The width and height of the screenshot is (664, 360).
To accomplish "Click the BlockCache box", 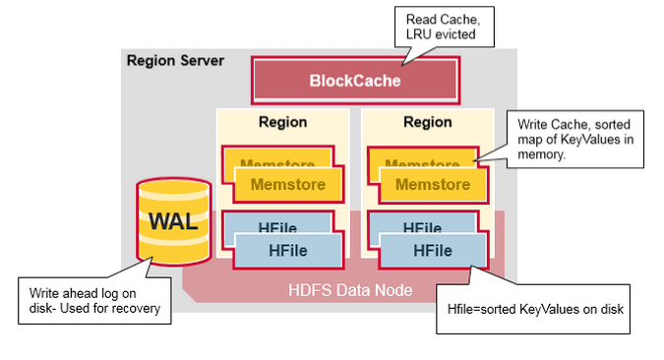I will point(356,80).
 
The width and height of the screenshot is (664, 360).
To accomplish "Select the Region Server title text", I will point(175,61).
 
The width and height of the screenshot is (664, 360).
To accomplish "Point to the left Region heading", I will point(282,123).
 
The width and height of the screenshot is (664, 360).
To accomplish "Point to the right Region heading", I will point(427,123).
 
